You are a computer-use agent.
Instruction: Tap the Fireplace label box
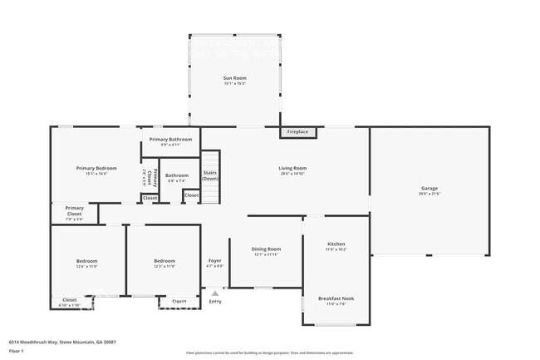(297, 132)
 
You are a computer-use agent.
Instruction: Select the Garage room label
(429, 189)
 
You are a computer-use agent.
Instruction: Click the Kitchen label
(336, 244)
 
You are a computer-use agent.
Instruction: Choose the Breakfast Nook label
(336, 298)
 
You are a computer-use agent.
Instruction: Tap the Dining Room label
(267, 249)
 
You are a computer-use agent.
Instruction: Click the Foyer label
(214, 261)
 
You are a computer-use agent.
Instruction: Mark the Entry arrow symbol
(215, 293)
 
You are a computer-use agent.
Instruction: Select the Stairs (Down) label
(211, 175)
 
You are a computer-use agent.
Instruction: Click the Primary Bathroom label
(170, 139)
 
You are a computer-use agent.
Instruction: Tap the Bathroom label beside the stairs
(176, 175)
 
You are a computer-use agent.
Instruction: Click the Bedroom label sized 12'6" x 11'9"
(86, 261)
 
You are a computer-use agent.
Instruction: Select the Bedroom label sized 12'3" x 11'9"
(164, 261)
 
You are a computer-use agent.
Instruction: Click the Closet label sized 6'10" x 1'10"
(70, 300)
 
